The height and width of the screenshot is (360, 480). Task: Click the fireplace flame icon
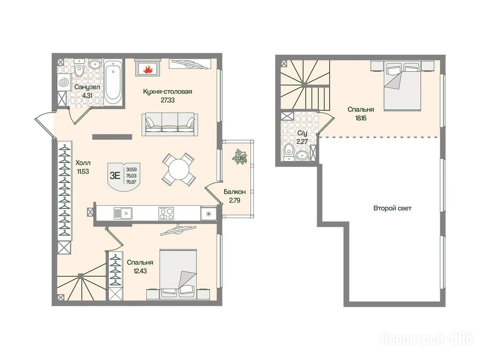pos(148,69)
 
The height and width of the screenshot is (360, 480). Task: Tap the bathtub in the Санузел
pos(113,82)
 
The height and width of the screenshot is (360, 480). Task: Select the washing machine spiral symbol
pos(64,82)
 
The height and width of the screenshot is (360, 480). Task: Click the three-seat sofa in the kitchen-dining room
pos(170,124)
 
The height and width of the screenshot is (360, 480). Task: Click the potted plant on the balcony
pos(239,157)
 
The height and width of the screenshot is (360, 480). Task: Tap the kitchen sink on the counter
pos(123,213)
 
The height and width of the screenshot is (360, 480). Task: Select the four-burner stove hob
pos(166,213)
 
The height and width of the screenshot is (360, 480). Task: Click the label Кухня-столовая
pos(167,91)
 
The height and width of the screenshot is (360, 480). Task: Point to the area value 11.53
pos(83,172)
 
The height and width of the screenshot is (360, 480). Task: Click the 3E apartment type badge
pos(124,176)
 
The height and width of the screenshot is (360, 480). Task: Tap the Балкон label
pos(234,192)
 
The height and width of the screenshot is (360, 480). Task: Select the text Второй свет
pos(392,208)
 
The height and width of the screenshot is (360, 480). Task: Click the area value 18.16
pos(361,118)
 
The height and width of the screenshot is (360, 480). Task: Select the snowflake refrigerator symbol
pos(209,213)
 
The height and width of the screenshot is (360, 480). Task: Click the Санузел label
pos(87,87)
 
